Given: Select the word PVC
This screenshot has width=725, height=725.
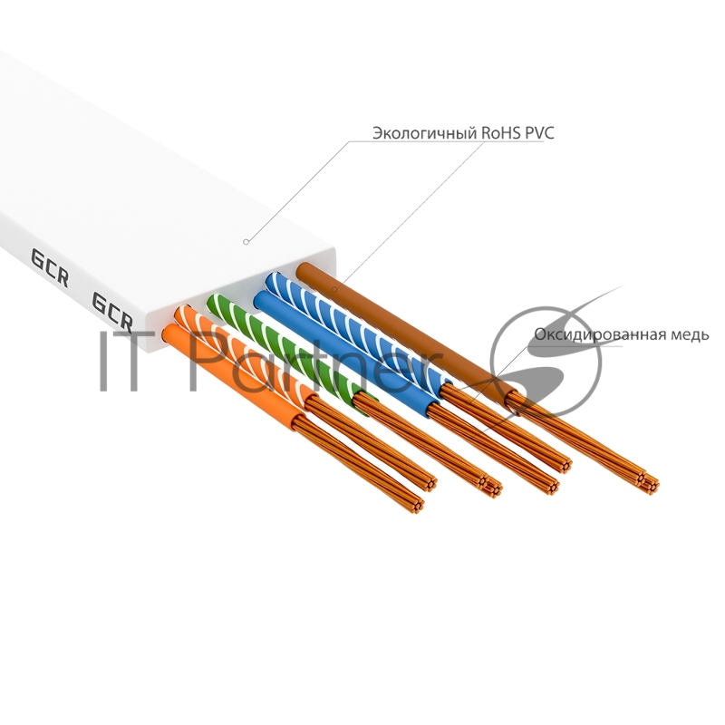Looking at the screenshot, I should pos(538,133).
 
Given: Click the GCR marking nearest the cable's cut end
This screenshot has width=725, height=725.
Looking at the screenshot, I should pos(113,310).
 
